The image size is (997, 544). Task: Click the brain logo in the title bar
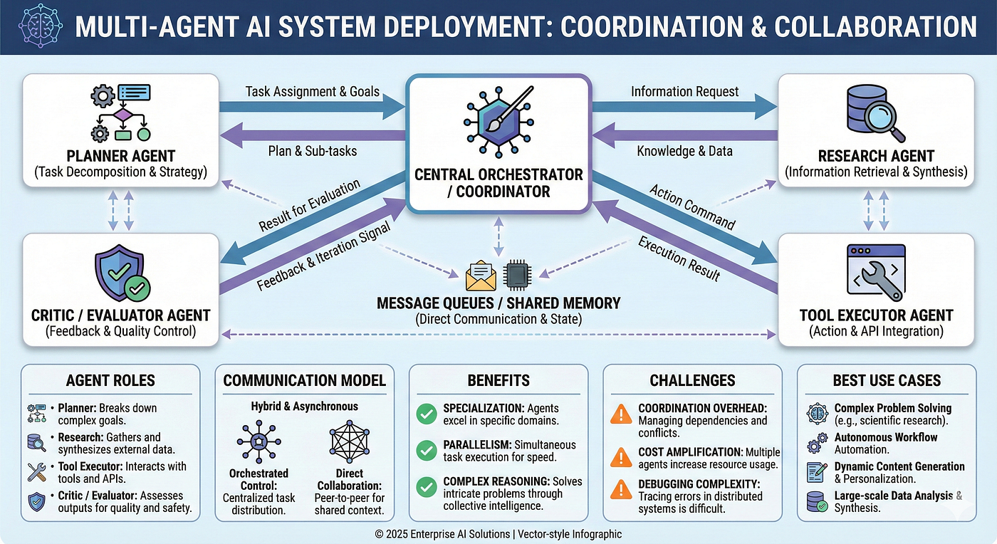(x=36, y=27)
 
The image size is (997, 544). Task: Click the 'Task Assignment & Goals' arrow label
(x=312, y=92)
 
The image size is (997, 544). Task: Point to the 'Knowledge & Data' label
(x=684, y=151)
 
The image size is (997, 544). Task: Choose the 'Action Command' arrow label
(x=691, y=207)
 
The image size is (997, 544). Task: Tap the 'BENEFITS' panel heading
(x=498, y=380)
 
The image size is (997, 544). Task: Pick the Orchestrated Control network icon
(x=258, y=441)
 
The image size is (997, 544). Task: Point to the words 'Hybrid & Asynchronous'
(x=304, y=406)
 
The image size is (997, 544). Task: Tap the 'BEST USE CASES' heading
(x=887, y=380)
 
